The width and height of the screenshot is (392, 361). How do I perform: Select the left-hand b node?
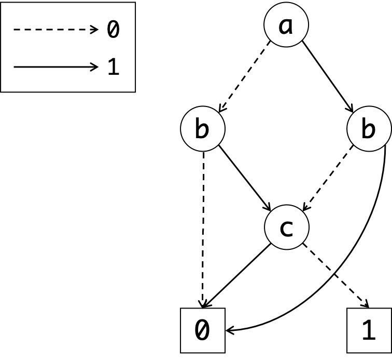click(x=203, y=128)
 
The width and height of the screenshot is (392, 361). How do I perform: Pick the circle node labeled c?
click(x=286, y=227)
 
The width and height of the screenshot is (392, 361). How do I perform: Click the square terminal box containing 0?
click(x=203, y=330)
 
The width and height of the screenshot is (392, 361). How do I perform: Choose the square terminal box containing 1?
click(x=369, y=330)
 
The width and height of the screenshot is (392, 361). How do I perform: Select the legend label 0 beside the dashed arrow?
click(x=113, y=30)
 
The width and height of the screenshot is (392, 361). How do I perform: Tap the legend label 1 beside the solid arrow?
click(x=113, y=67)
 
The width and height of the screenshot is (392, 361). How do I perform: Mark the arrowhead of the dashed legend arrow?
click(x=94, y=30)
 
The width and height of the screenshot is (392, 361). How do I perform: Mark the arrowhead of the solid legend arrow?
click(x=94, y=66)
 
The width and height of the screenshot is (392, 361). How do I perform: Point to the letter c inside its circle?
click(x=286, y=228)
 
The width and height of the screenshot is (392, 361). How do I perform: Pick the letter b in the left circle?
click(x=202, y=129)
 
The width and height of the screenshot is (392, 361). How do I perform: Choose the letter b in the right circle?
click(x=368, y=129)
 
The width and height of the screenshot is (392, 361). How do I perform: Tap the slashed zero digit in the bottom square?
click(x=203, y=330)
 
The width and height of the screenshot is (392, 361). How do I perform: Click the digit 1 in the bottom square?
click(x=369, y=330)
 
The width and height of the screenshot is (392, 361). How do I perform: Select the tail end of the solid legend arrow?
click(x=15, y=66)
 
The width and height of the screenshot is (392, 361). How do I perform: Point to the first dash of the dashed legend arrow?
click(x=16, y=30)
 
